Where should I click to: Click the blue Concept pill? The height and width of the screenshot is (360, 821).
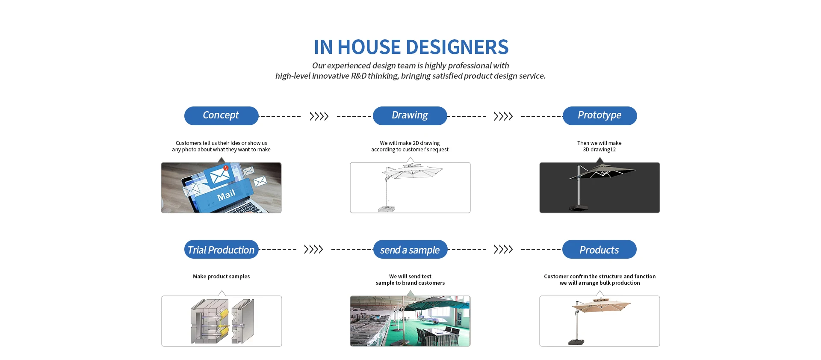(x=221, y=116)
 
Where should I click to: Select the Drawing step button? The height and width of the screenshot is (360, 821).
(x=410, y=116)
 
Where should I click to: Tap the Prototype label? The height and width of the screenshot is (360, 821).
(x=600, y=116)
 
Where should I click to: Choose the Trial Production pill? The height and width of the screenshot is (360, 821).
(x=221, y=249)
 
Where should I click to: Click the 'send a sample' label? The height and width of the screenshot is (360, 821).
(x=410, y=249)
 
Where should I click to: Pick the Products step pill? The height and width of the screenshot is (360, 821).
(x=599, y=249)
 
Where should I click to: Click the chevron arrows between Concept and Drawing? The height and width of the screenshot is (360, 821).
(x=319, y=116)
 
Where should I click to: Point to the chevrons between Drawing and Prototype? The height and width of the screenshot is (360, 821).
(x=503, y=116)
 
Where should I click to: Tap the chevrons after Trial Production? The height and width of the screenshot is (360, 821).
(x=313, y=249)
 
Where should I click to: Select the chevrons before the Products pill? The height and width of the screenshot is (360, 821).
(x=503, y=249)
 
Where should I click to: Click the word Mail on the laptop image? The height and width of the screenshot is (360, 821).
(x=226, y=195)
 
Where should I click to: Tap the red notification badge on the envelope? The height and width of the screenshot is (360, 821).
(x=226, y=168)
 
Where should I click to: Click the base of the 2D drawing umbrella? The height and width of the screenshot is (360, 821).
(x=387, y=209)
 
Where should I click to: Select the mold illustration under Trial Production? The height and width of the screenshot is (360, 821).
(x=222, y=321)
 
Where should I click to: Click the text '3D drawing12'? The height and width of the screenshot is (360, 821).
(x=600, y=150)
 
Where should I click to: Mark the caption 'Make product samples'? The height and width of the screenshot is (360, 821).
(x=221, y=277)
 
